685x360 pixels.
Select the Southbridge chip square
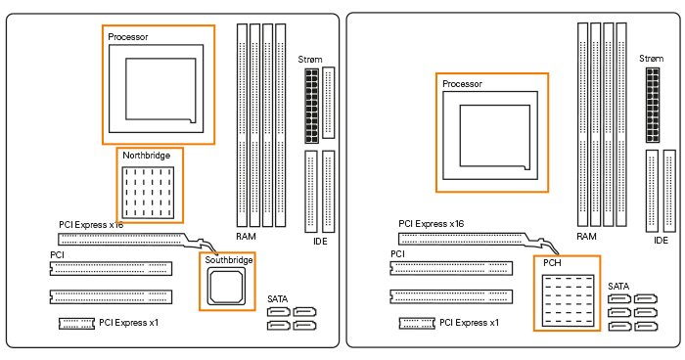(227, 288)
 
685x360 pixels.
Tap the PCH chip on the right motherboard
(567, 299)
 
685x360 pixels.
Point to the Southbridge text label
(228, 260)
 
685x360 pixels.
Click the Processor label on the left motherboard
(128, 36)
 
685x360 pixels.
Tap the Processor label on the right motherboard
(462, 84)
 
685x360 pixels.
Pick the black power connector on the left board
(311, 104)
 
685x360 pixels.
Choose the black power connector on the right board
(652, 104)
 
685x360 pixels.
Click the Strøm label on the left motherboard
(310, 61)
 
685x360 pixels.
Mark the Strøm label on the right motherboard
(651, 61)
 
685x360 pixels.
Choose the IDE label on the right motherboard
(661, 241)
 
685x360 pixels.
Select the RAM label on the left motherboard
(247, 237)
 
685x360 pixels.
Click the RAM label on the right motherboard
(586, 237)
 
